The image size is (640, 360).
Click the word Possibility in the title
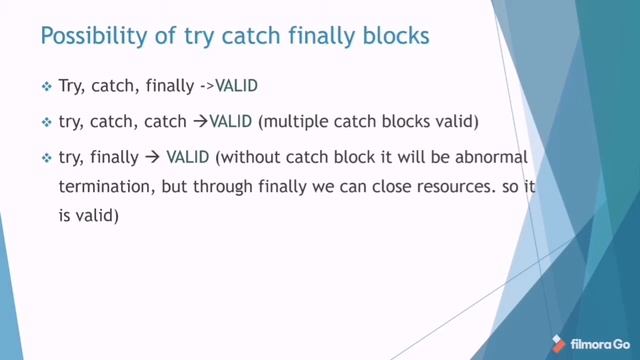83,37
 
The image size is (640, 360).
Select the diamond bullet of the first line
46,87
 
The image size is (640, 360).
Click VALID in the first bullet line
237,87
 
